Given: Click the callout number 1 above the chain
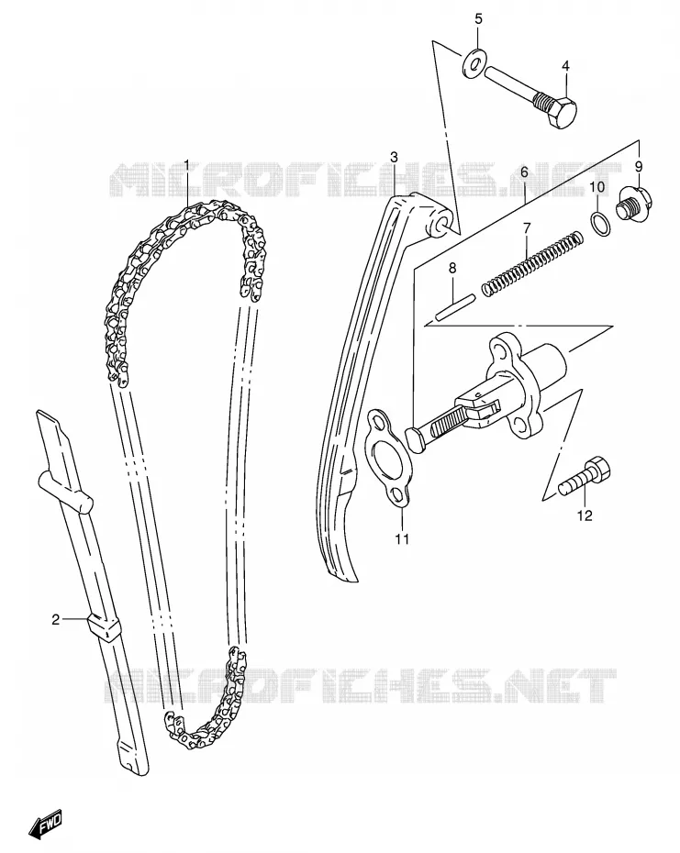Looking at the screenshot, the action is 186,164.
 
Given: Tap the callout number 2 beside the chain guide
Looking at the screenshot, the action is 56,619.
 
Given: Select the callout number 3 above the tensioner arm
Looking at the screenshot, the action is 395,157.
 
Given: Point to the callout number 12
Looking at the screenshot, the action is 585,515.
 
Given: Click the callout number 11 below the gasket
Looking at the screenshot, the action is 402,538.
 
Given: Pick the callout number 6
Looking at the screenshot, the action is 524,172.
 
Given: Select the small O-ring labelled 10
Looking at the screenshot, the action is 599,222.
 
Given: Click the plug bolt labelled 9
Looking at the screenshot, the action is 632,204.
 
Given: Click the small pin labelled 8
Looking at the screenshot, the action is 455,307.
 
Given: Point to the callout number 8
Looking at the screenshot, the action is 451,269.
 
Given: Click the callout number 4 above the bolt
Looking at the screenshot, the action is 565,66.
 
